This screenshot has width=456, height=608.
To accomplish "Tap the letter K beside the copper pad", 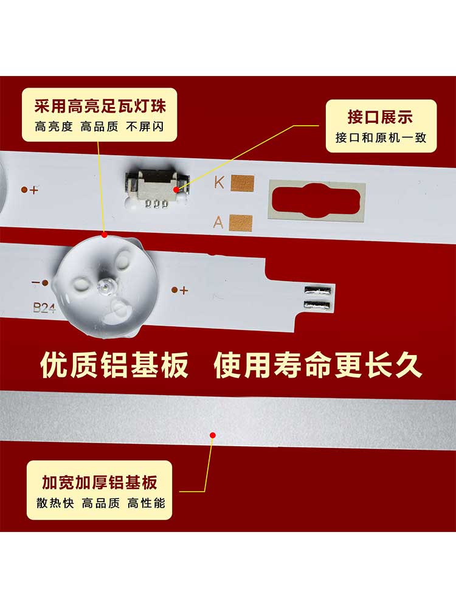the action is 219,182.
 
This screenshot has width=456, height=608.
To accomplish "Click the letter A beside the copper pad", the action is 219,222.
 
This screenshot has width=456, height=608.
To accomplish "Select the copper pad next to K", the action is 243,184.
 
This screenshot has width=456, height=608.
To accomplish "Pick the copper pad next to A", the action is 241,223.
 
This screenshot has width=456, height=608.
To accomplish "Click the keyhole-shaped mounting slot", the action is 316,201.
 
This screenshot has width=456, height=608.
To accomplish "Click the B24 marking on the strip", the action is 44,308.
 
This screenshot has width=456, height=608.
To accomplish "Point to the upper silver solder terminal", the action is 318,289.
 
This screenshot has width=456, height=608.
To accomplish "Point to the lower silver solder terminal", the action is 318,305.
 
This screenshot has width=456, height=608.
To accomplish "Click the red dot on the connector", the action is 176,190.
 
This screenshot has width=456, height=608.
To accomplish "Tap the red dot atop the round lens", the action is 104,235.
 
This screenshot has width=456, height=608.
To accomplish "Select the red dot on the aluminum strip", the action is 212,435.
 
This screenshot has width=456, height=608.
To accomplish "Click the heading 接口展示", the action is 380,117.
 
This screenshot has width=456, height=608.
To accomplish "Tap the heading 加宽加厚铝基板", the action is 99,482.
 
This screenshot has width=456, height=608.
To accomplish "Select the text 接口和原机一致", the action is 381,137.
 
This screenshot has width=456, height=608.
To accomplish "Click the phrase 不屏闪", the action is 145,127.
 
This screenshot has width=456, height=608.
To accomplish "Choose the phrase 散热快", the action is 55,503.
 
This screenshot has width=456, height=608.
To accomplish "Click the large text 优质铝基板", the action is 114,365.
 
